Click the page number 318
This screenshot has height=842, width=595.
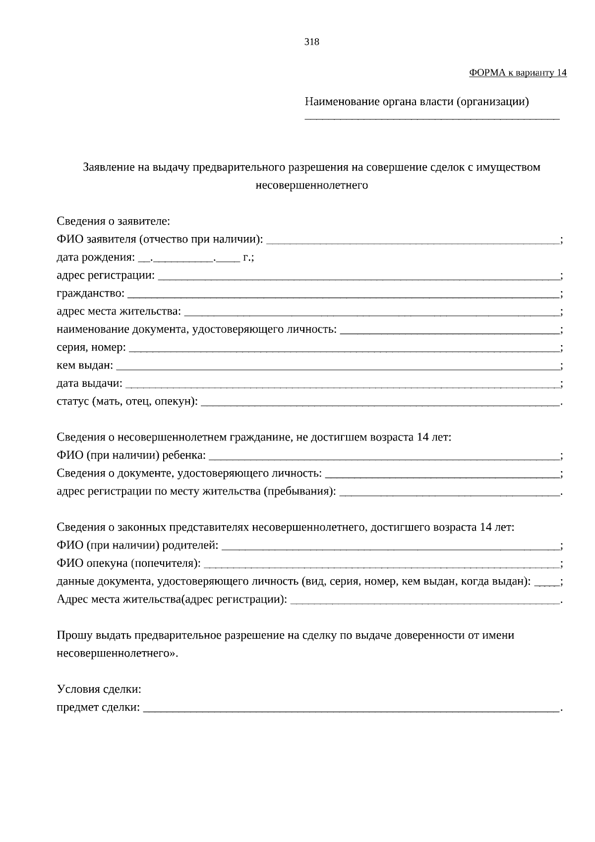[x=311, y=42]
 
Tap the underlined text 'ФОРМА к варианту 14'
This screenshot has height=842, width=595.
[x=518, y=73]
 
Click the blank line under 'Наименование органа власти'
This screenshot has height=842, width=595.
[x=431, y=118]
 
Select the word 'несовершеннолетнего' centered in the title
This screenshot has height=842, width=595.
[x=311, y=185]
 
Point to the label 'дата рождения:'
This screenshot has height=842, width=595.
[x=96, y=258]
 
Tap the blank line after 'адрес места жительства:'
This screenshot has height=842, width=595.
[x=371, y=314]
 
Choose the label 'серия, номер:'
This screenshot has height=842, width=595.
[x=91, y=348]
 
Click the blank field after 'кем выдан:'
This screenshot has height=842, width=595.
[x=337, y=368]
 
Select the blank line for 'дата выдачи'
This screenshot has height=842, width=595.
[x=342, y=386]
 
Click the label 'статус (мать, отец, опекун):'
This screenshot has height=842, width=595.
[x=127, y=402]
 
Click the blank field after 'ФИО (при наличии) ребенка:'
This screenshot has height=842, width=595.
[x=384, y=457]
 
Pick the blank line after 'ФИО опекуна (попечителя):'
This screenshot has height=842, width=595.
[x=381, y=565]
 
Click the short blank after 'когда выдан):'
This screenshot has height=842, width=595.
[x=547, y=584]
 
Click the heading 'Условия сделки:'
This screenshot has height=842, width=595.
[x=99, y=689]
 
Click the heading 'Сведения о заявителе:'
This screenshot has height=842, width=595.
[x=114, y=221]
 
